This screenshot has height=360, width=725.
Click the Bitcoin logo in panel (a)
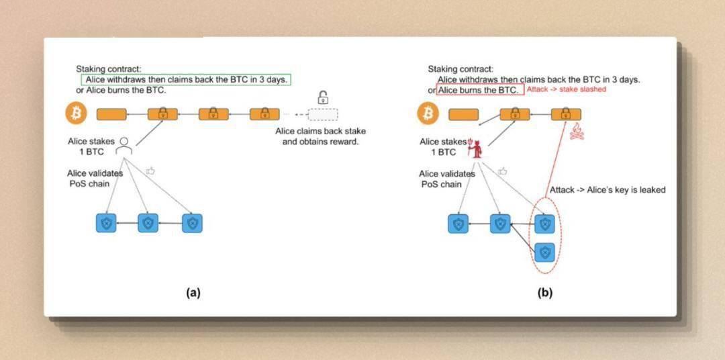point(76,114)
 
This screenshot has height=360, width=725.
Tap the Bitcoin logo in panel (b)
point(428,114)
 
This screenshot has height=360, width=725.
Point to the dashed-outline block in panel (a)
point(323,114)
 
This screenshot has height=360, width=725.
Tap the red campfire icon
point(577,132)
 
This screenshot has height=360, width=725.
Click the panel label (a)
point(193,292)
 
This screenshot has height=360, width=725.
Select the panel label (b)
point(544,292)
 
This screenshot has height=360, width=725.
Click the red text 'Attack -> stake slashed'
point(566,89)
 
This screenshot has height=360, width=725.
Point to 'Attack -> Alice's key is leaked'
point(608,190)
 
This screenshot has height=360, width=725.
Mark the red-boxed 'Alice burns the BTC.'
point(479,90)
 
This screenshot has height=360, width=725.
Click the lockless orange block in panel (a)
point(111,114)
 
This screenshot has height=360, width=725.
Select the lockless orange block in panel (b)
point(464,114)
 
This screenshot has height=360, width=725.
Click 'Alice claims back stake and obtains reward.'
point(320,136)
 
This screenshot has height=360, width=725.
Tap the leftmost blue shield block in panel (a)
point(105,223)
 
